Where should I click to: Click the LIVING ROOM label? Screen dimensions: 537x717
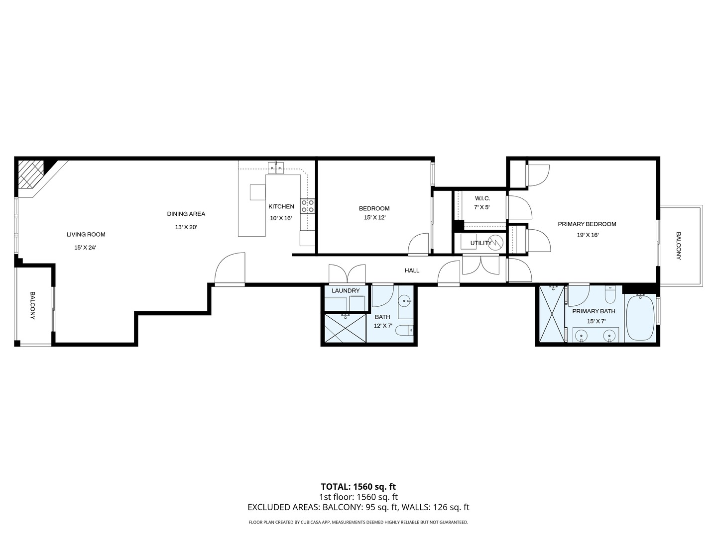click(x=86, y=235)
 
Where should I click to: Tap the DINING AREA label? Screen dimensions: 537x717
click(x=186, y=214)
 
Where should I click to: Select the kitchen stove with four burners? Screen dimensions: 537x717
click(x=307, y=206)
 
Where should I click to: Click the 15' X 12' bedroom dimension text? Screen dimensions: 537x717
click(x=374, y=218)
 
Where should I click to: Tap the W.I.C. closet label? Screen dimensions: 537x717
click(x=482, y=198)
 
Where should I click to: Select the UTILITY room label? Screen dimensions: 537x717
click(x=480, y=243)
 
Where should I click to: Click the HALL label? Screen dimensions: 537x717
click(x=412, y=270)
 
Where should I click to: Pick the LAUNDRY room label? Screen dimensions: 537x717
click(x=345, y=291)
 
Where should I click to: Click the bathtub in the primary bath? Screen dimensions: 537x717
click(x=640, y=318)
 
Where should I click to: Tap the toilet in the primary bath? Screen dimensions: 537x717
click(x=610, y=297)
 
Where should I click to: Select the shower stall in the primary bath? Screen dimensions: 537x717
click(x=551, y=314)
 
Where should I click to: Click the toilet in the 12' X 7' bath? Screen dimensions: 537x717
click(x=407, y=330)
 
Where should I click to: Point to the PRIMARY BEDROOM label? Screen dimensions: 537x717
click(x=587, y=224)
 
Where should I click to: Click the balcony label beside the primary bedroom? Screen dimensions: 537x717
click(x=679, y=246)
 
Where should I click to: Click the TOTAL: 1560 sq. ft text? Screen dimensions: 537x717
click(x=358, y=487)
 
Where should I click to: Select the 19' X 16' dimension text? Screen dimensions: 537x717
click(x=588, y=235)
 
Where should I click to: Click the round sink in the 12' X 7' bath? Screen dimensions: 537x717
click(x=405, y=300)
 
